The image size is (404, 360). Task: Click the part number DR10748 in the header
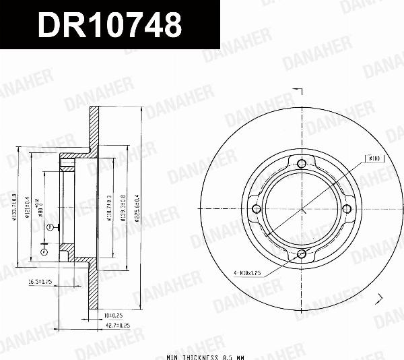tap(110, 26)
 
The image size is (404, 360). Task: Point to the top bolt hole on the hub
tap(302, 162)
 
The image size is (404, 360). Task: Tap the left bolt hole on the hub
tap(255, 209)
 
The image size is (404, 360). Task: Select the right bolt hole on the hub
tap(348, 209)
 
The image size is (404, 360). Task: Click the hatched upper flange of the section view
tap(95, 128)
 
